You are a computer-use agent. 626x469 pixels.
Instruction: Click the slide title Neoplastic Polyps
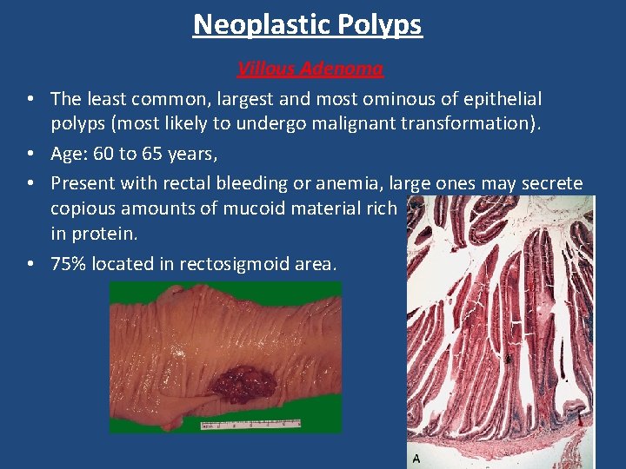coord(308,24)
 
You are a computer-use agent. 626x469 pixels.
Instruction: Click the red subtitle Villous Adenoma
coord(310,68)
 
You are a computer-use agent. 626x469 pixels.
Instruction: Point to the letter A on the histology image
coord(416,458)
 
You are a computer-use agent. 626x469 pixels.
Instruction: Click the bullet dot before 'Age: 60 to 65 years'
coord(30,154)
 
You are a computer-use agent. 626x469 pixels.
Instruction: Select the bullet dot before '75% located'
coord(30,264)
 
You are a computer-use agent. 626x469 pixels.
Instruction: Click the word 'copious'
coord(83,208)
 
